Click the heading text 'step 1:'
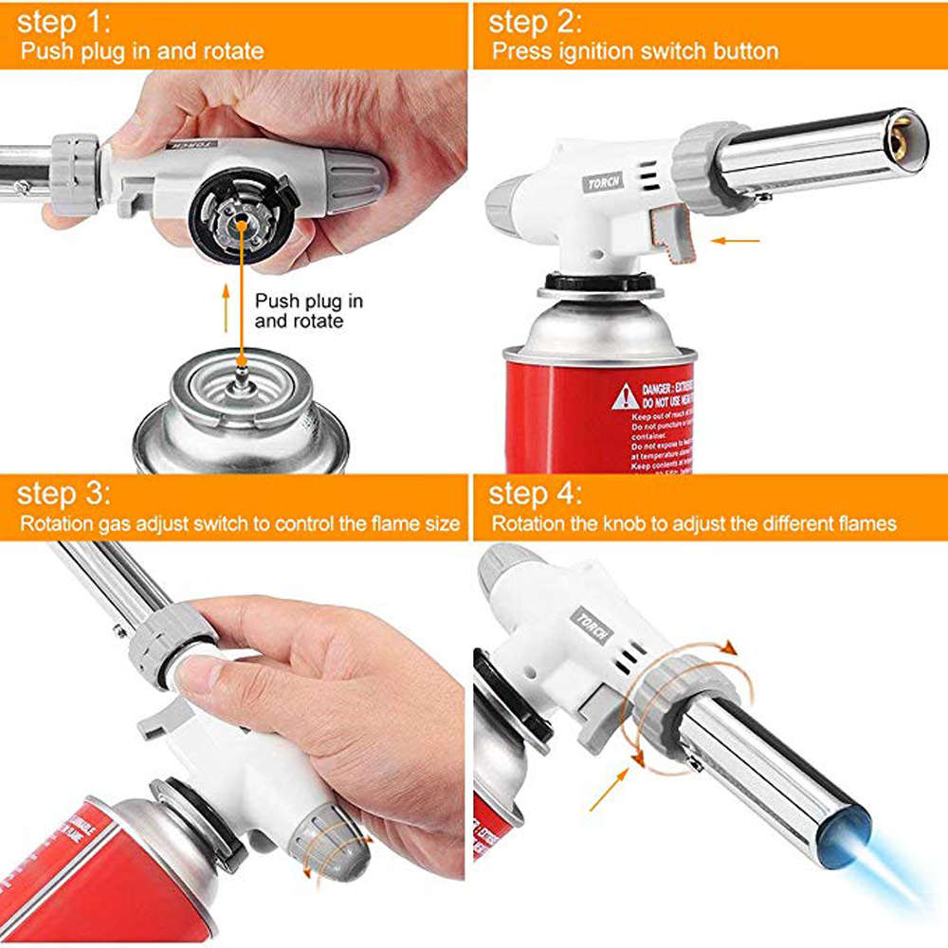(64, 21)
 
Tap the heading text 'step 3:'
(64, 494)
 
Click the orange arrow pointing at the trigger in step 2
(736, 241)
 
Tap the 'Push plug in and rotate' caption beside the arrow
(308, 311)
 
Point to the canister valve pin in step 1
(243, 371)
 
